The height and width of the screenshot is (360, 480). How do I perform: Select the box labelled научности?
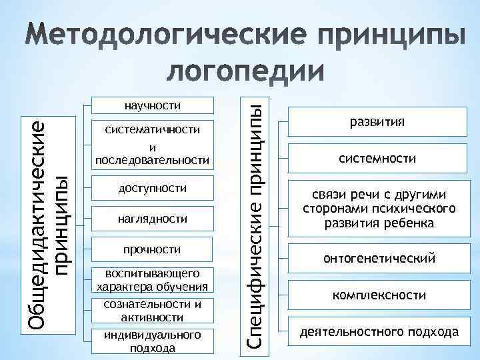153,105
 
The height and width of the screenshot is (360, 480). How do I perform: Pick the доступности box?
153,189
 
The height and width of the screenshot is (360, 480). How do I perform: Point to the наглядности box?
153,219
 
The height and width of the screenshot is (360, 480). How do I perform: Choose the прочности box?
153,249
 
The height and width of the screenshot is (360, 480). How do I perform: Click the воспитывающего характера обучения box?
153,281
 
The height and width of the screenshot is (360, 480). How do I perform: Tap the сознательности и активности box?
153,311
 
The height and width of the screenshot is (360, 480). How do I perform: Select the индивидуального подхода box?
153,341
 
